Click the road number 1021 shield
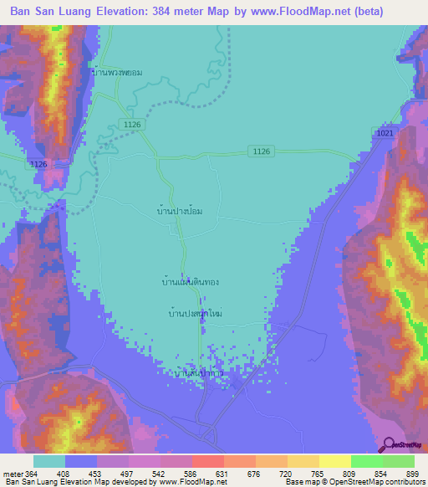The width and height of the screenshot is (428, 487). coord(385,133)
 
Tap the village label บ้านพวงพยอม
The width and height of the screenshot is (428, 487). coord(117,72)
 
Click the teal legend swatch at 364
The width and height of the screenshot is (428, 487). coord(49,461)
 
